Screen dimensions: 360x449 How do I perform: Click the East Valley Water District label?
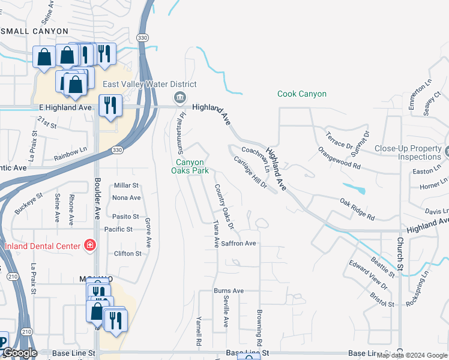click(x=149, y=85)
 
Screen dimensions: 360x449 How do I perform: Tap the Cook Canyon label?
click(x=302, y=94)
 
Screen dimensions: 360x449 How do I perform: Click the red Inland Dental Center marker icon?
click(x=89, y=245)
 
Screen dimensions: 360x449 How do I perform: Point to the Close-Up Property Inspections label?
click(x=408, y=152)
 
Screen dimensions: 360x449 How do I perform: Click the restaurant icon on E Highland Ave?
click(x=110, y=106)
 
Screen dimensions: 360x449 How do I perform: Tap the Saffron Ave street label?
click(x=238, y=243)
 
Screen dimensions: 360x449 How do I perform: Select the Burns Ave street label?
click(x=229, y=290)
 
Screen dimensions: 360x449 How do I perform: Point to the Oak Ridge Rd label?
click(x=357, y=208)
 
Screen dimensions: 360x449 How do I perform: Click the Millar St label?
click(x=126, y=185)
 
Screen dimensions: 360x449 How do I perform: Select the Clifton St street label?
click(x=127, y=253)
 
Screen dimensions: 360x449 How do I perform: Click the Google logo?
click(x=20, y=353)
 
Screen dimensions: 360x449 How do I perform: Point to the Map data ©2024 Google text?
click(x=412, y=355)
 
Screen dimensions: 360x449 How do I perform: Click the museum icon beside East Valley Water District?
click(x=179, y=98)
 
